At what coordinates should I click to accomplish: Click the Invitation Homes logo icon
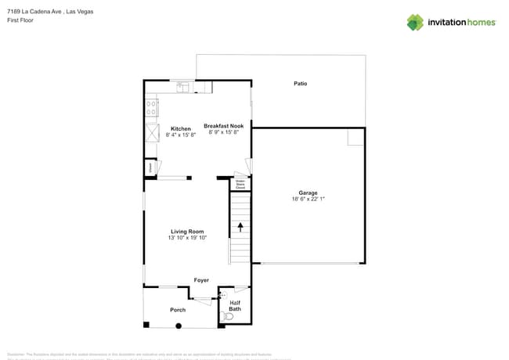tap(415, 22)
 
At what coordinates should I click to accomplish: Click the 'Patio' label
tap(300, 83)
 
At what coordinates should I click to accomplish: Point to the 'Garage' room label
tap(307, 193)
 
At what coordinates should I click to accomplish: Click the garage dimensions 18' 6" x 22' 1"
tap(307, 199)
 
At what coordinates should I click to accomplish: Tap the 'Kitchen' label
tap(181, 128)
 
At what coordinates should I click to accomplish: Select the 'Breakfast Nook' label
tap(224, 126)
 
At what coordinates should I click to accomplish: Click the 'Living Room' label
tap(187, 231)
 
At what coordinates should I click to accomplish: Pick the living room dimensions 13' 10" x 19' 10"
tap(187, 237)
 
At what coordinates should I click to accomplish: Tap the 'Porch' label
tap(178, 310)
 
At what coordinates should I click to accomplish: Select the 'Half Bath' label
tap(235, 305)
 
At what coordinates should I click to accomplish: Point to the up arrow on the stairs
tap(240, 227)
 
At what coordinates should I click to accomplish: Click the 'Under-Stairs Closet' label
tap(240, 185)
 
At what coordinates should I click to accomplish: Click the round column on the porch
tap(179, 326)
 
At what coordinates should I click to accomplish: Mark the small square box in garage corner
tap(356, 137)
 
